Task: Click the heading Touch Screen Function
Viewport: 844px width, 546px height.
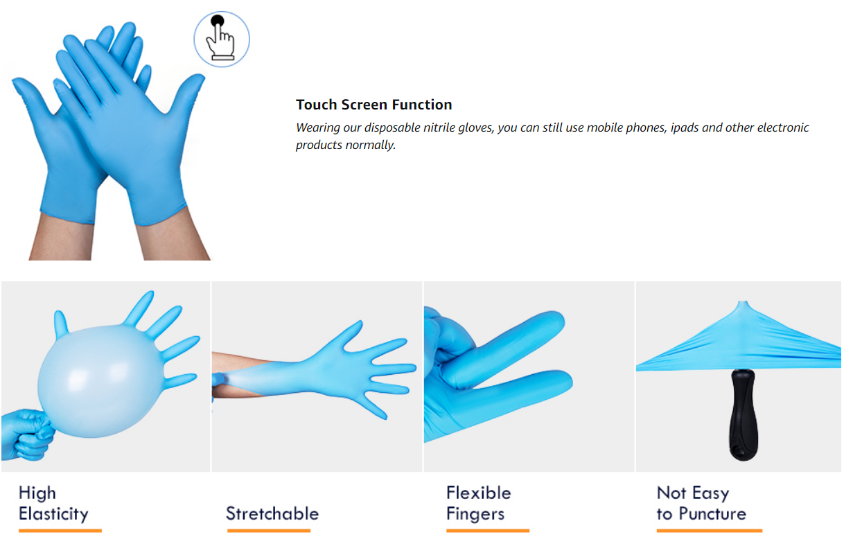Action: click(373, 105)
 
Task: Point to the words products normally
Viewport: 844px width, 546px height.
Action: click(346, 145)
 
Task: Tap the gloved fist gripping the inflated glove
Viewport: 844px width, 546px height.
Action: click(27, 435)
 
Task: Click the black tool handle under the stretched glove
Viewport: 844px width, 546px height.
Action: click(743, 414)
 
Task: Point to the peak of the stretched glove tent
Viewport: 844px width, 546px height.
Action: click(743, 302)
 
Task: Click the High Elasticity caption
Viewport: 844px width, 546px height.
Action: click(53, 504)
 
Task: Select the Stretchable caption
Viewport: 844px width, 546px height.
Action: click(272, 513)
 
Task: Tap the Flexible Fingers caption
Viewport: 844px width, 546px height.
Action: click(479, 504)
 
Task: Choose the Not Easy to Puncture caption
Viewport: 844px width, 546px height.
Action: click(701, 504)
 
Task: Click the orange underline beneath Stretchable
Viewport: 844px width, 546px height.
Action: click(269, 531)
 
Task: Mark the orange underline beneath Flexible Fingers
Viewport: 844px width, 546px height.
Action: click(488, 531)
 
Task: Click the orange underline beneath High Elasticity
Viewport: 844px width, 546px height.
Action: click(60, 531)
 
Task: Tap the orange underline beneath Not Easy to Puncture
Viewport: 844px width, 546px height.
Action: click(710, 531)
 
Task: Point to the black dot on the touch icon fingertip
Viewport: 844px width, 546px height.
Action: click(218, 21)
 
